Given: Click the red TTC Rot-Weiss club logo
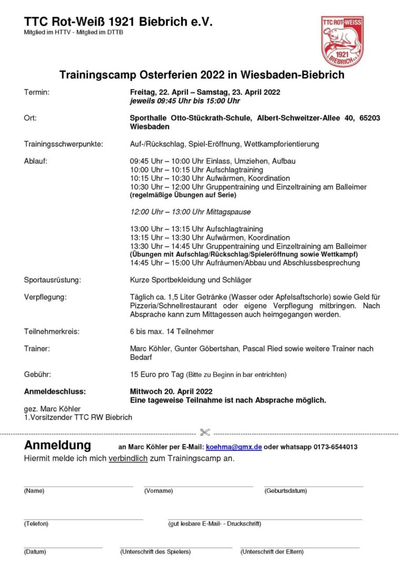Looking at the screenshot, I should point(342,41).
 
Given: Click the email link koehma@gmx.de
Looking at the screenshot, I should point(234,447).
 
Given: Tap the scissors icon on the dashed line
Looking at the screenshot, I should point(205,432).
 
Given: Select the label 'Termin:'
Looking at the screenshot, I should point(37,92).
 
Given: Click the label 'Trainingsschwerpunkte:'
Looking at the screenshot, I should point(64,144).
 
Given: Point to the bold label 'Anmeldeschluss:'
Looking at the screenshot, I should point(55,391).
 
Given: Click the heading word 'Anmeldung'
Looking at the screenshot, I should point(57,446).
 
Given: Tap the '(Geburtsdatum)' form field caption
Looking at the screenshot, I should point(285,491).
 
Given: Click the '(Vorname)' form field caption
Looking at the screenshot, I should point(158,491).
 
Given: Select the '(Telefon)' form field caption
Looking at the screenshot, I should point(36,524).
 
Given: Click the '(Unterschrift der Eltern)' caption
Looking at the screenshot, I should point(271,552).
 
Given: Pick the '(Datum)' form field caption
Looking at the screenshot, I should point(35,552).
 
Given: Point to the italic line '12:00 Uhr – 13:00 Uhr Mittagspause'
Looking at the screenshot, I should point(190,212).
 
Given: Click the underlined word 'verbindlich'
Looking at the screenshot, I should point(128,458).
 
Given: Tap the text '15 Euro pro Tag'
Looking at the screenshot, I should point(157,374).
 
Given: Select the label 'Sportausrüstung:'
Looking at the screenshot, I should point(53,280).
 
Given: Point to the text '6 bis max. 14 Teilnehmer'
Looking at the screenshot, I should point(171,331).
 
